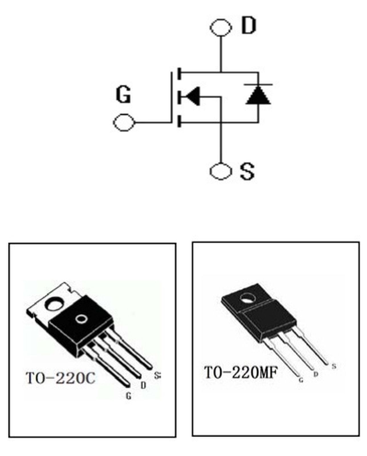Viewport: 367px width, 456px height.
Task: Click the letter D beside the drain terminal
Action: [249, 26]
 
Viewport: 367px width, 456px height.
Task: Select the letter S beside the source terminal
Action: [247, 171]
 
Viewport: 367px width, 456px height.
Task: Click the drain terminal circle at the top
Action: [221, 28]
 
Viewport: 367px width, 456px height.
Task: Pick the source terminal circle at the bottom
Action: [220, 171]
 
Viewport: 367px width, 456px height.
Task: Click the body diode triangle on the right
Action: [258, 95]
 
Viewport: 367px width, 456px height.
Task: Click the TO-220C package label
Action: [60, 378]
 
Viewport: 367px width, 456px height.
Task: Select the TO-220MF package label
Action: [241, 372]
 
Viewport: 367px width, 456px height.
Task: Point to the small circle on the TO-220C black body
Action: [81, 319]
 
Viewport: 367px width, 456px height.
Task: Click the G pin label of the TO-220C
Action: [129, 396]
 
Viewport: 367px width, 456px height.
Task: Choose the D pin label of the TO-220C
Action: [143, 385]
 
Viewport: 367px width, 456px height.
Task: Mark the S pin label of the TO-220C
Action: [157, 375]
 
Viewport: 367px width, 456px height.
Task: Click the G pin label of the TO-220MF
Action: [301, 380]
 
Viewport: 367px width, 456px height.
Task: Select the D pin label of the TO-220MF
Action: [316, 374]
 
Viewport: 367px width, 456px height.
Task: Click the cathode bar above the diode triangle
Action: [258, 85]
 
